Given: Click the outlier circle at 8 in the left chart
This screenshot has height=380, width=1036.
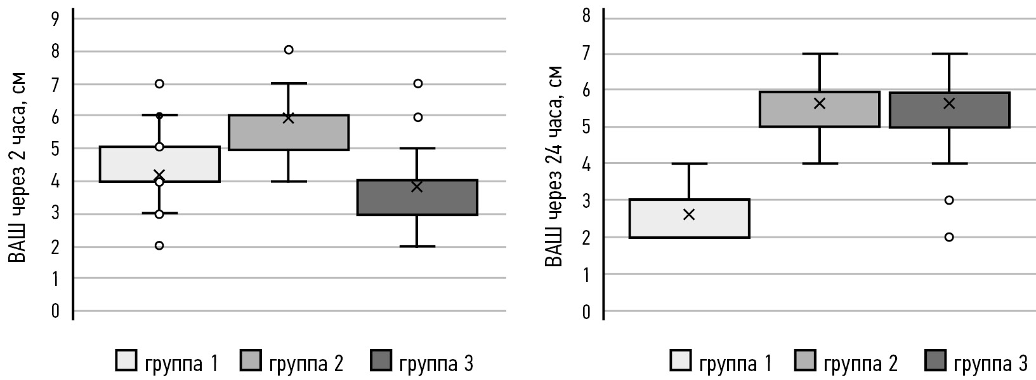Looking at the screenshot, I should tap(289, 50).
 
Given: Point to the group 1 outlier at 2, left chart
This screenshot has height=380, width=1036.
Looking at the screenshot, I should tap(159, 245).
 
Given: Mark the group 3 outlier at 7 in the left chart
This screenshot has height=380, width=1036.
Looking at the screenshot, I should tap(417, 83).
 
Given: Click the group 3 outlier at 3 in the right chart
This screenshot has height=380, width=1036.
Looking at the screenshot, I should tap(949, 200).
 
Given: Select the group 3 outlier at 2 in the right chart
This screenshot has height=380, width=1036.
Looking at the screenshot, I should tap(949, 237).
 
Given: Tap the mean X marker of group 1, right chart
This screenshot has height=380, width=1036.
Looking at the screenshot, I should tap(689, 215).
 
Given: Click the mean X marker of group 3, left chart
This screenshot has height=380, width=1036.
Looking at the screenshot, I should tap(417, 186).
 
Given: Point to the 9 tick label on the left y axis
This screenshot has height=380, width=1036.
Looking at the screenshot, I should tap(55, 19).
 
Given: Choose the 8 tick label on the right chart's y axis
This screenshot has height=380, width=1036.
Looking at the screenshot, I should tap(586, 17).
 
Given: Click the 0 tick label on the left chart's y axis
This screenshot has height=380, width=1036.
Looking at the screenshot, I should tap(55, 311).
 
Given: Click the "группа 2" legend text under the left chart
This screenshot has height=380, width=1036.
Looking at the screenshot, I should tap(306, 363).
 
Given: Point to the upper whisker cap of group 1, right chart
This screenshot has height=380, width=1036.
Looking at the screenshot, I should tap(689, 164).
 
